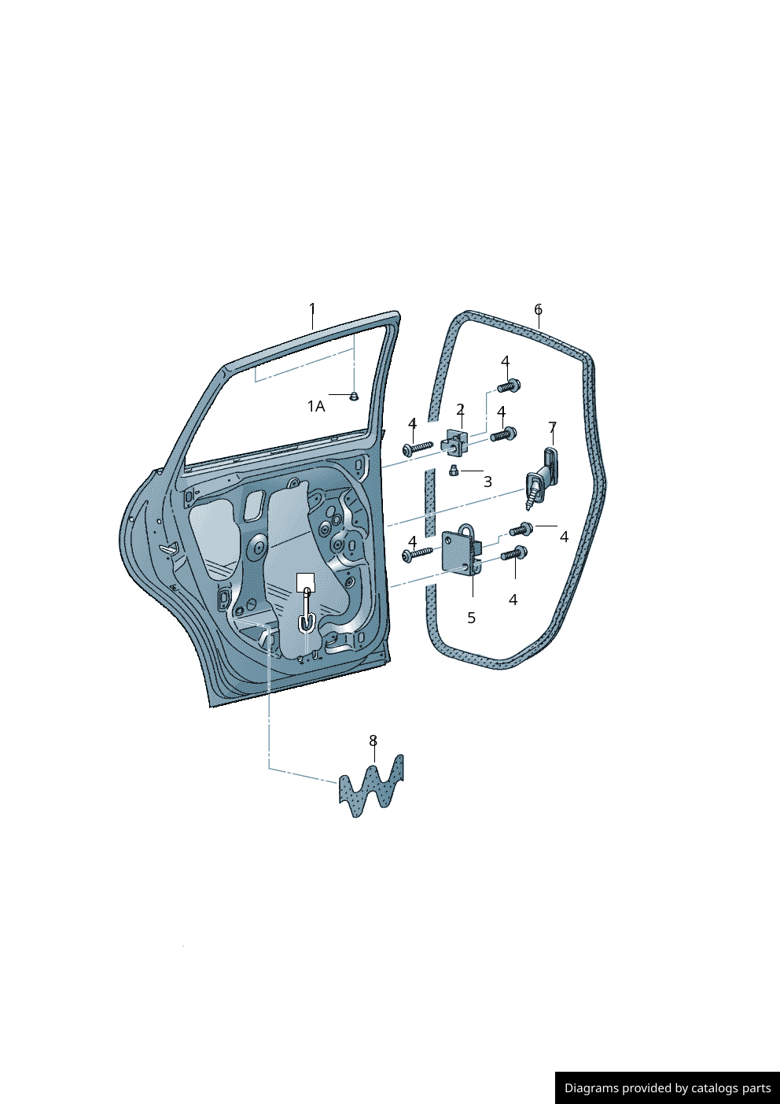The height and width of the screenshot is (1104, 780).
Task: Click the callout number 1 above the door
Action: pos(311,309)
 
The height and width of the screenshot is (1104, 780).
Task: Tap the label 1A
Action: pos(316,407)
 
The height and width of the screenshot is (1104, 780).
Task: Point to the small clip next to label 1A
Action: pos(354,396)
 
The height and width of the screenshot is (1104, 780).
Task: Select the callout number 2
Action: pos(461,409)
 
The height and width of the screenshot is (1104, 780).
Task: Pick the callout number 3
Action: pos(487,482)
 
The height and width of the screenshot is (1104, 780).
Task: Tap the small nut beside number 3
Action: pos(454,471)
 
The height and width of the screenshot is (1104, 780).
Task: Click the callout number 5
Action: pos(471,618)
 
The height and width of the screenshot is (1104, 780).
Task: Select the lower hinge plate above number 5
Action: pos(462,551)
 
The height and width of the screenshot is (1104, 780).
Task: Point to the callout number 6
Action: pos(539,309)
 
